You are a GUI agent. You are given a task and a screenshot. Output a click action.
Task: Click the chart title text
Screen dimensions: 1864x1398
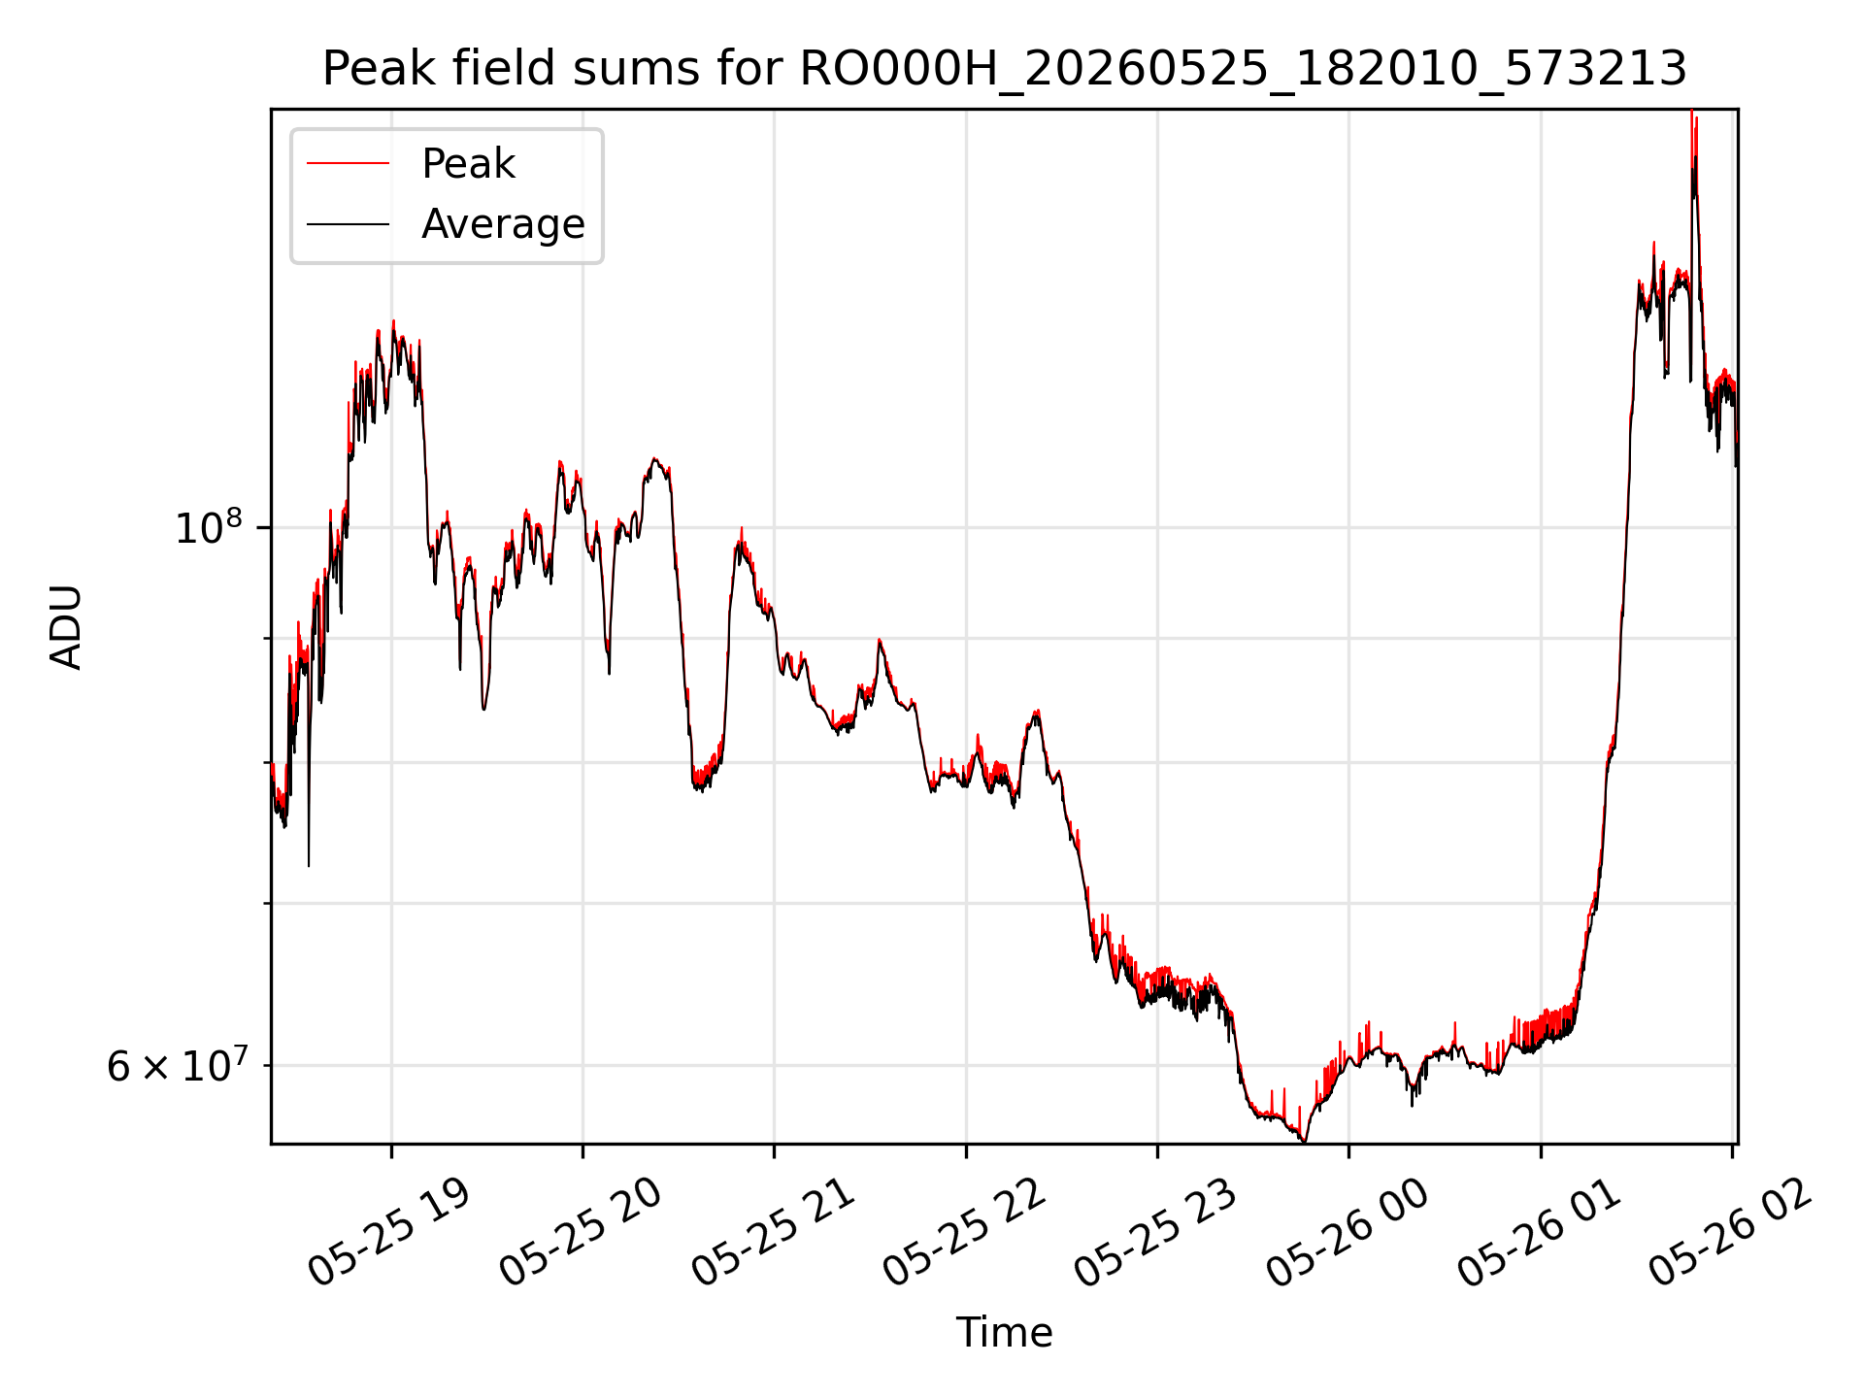[1004, 69]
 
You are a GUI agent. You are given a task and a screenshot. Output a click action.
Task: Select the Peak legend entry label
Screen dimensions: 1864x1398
[468, 164]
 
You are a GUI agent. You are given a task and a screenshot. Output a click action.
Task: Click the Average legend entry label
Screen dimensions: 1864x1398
[503, 224]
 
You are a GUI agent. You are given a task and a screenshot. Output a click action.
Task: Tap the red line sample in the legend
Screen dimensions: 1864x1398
[348, 164]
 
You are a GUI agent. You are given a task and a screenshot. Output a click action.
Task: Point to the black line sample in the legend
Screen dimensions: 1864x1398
[348, 224]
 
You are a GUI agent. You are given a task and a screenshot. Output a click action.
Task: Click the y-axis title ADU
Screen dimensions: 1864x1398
[66, 626]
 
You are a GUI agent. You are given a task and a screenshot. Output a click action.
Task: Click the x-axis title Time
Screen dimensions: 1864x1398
[1004, 1332]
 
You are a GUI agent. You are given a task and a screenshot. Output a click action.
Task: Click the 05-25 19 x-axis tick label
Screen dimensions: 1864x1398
[388, 1233]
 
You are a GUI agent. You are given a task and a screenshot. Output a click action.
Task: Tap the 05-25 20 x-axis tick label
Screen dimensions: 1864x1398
[580, 1233]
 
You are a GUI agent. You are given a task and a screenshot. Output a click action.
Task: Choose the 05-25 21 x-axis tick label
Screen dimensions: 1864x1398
[772, 1233]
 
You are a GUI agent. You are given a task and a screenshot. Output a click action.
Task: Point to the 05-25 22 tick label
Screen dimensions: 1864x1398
[963, 1233]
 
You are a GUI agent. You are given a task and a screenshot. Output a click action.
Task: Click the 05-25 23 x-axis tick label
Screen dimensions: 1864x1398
[1154, 1233]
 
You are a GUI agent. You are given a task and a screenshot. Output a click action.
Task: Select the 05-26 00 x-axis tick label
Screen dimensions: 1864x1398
[1347, 1233]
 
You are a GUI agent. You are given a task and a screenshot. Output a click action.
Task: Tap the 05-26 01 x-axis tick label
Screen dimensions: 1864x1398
[1538, 1233]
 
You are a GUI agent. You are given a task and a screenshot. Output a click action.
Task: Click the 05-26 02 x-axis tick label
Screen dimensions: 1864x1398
[1729, 1233]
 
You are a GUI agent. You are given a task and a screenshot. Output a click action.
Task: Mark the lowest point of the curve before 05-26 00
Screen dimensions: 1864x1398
[1304, 1142]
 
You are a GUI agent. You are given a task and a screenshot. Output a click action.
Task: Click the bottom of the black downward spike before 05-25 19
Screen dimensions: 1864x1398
[309, 865]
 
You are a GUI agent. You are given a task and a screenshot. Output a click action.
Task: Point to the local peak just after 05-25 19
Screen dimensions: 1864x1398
[393, 321]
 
